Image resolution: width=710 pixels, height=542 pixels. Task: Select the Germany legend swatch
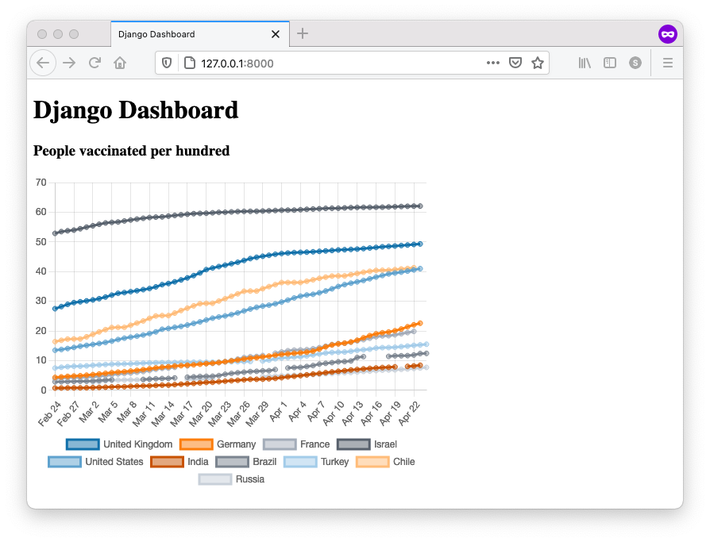click(196, 444)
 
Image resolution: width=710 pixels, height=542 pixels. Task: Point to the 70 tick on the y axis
click(41, 183)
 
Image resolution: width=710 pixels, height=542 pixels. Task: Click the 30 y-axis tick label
click(41, 302)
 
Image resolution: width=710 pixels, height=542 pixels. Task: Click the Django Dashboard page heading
click(136, 110)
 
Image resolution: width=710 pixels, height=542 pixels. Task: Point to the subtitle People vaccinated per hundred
click(132, 151)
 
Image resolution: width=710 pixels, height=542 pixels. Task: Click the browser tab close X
click(276, 34)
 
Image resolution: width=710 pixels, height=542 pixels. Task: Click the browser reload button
click(95, 63)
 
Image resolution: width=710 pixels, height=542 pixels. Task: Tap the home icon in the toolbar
click(120, 63)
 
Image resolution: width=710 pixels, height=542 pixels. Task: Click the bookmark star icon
click(538, 63)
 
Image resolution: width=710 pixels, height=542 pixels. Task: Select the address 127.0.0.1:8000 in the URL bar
click(237, 63)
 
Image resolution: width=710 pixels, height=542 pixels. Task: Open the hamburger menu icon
click(668, 63)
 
